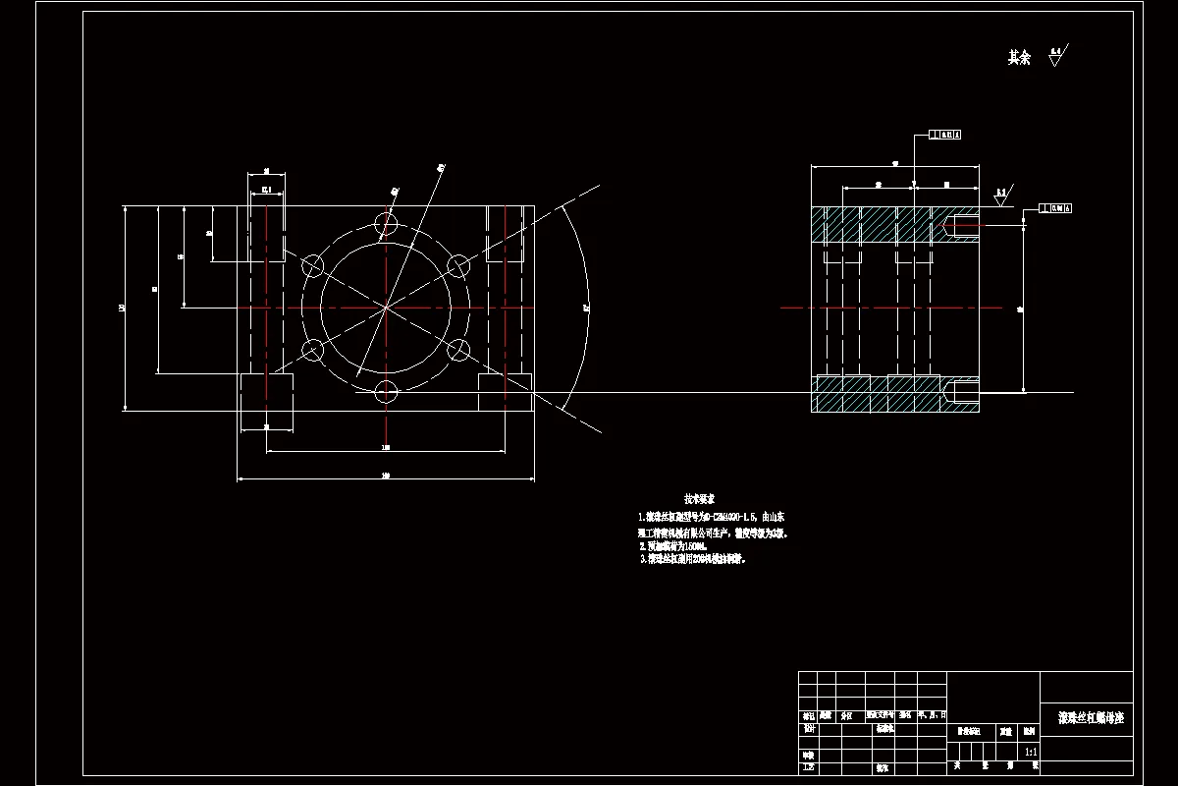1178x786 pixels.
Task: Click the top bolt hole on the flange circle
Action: click(387, 225)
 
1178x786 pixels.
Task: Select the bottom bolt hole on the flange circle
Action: click(387, 393)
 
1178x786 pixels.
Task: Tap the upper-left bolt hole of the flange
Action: click(313, 265)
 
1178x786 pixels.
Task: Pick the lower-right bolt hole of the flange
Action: click(457, 350)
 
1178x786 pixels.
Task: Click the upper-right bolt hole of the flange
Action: click(457, 265)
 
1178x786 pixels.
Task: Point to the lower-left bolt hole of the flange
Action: click(313, 350)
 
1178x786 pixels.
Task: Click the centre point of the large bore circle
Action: click(387, 308)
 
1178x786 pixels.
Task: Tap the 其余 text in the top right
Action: click(1019, 58)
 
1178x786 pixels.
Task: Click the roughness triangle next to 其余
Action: click(1055, 57)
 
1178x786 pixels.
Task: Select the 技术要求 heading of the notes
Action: click(699, 499)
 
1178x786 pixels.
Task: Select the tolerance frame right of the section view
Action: click(1054, 207)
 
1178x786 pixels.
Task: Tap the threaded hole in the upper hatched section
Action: click(960, 226)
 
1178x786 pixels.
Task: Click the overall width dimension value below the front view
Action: click(387, 476)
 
